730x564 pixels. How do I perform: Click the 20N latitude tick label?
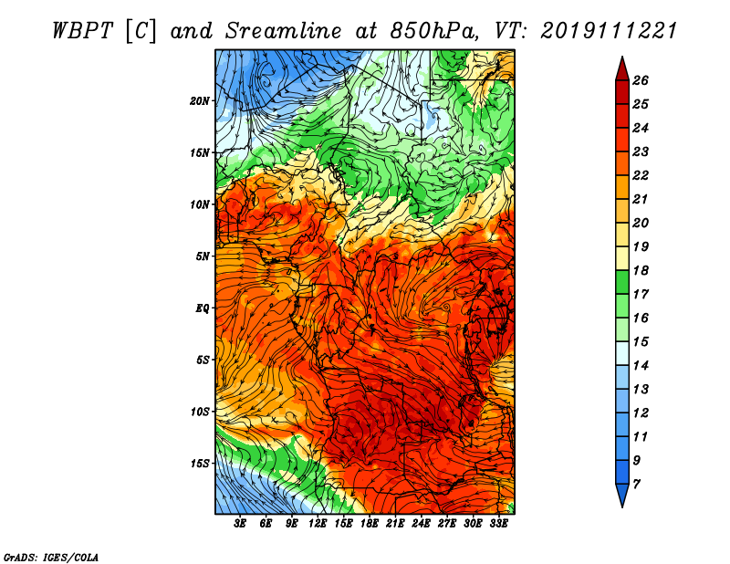200,101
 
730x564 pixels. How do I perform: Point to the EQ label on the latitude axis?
203,308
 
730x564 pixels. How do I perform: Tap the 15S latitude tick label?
200,464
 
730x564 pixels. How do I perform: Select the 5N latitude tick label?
203,256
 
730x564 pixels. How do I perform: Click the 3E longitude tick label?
240,524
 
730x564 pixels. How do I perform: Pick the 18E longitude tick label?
370,524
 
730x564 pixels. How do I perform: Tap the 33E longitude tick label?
498,524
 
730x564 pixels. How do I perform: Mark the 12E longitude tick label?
318,524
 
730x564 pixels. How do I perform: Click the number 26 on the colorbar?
641,80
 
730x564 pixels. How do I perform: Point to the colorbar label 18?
641,270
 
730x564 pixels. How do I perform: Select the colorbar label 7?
636,485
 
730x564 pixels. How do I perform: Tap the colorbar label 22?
641,175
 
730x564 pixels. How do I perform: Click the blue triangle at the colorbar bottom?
622,493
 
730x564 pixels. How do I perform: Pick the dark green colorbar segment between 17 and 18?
622,282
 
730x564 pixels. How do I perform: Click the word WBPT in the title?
82,31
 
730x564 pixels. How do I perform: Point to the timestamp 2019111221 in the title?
609,31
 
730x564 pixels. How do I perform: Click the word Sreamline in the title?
284,31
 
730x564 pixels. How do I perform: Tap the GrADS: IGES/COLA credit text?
51,558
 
